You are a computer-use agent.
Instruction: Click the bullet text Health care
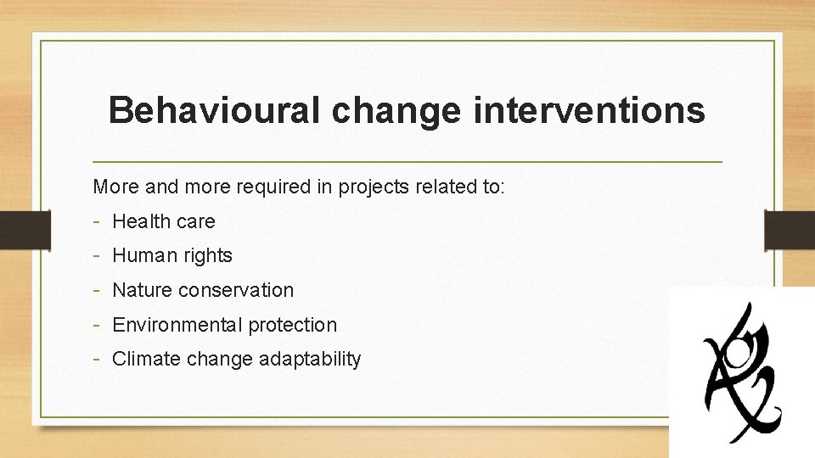164,221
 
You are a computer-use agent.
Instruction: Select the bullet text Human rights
172,255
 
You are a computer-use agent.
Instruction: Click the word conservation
237,290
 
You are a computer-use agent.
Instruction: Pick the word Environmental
177,325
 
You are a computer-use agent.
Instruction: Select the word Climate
146,359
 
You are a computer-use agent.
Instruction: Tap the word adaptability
311,359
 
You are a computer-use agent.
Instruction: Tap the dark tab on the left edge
14,228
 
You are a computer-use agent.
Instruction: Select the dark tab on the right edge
789,228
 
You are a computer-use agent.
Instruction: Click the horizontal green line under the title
407,160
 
